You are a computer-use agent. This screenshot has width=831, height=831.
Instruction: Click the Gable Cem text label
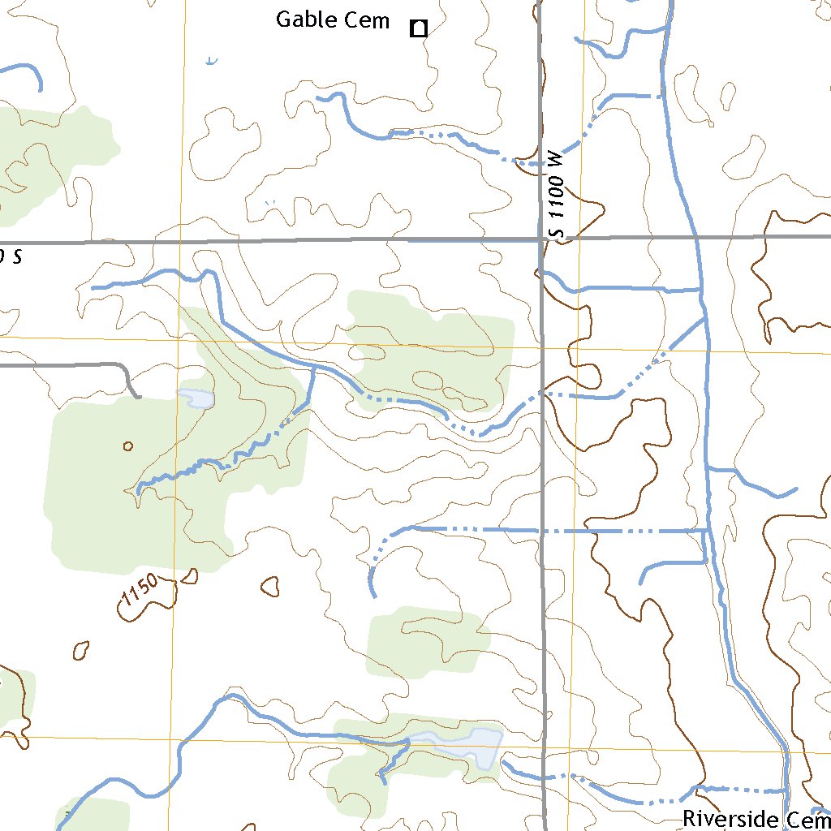(x=333, y=20)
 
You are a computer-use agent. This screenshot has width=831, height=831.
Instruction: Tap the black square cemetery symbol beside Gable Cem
(x=419, y=29)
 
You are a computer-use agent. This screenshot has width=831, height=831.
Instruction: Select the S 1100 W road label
(x=556, y=196)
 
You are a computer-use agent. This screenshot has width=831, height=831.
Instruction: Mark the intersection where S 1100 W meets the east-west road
(x=541, y=239)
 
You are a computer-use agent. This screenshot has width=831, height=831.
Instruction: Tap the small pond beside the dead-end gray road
(x=196, y=398)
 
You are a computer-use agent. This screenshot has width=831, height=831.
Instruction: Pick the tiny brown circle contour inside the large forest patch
(x=127, y=446)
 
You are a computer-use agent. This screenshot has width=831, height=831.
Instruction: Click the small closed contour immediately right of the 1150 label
(x=189, y=576)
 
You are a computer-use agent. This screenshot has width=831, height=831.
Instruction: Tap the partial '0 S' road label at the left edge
(x=10, y=257)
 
